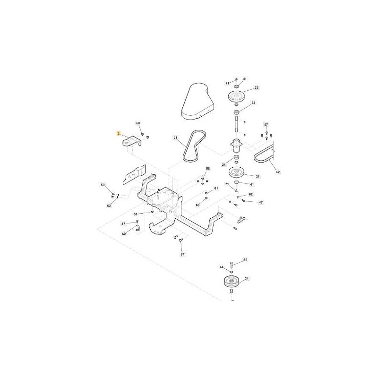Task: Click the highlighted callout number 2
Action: (x=118, y=133)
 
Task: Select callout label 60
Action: (x=138, y=123)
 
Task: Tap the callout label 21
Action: (x=175, y=137)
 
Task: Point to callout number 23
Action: (x=257, y=87)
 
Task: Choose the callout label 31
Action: (x=258, y=176)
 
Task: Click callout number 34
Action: (x=247, y=279)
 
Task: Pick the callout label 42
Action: (x=278, y=172)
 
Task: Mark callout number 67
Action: (x=182, y=254)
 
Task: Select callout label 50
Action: (x=103, y=185)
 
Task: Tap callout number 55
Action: (x=245, y=259)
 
